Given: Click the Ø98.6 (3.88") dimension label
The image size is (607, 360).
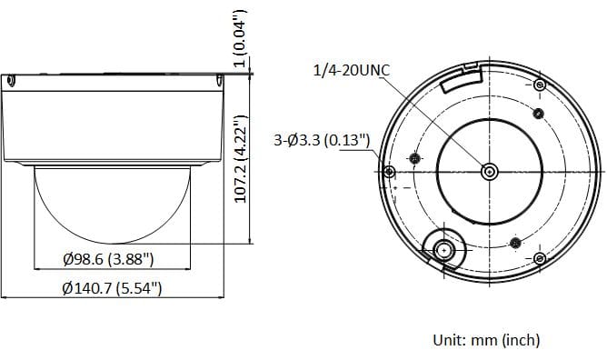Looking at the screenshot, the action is tap(108, 259).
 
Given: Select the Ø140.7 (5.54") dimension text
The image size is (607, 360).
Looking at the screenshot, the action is tap(112, 288).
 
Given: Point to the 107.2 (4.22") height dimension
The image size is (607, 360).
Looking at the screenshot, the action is tap(241, 159).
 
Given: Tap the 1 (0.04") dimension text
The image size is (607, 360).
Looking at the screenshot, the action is tap(240, 38).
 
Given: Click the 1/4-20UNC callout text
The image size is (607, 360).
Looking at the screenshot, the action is tap(352, 70).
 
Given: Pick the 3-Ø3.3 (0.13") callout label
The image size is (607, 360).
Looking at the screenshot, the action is tap(322, 140).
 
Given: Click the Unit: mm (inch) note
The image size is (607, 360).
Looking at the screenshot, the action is tap(486, 340).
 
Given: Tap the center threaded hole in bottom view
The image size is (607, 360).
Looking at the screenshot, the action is tap(489, 172).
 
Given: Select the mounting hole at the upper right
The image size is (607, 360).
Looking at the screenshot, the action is tap(540, 85).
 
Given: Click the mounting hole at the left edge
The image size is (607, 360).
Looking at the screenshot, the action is tap(389, 172).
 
